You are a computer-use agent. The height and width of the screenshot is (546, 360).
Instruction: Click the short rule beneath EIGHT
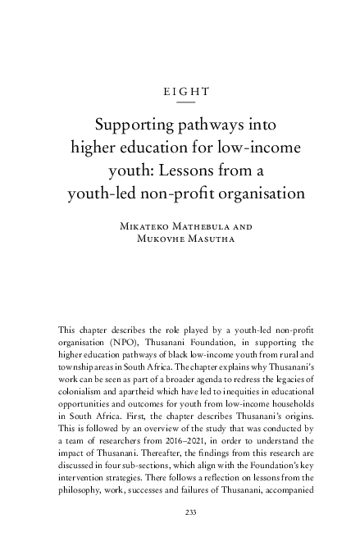coord(186,103)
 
